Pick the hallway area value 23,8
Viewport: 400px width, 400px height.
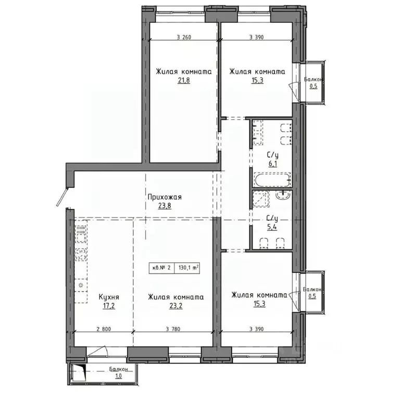[164, 205]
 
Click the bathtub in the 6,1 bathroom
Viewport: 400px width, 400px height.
[271, 181]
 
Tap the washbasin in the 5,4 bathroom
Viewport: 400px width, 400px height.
[284, 195]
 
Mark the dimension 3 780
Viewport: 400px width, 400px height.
[173, 329]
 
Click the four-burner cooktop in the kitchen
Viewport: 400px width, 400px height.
[81, 255]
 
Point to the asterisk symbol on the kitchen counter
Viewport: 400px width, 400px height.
[81, 286]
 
